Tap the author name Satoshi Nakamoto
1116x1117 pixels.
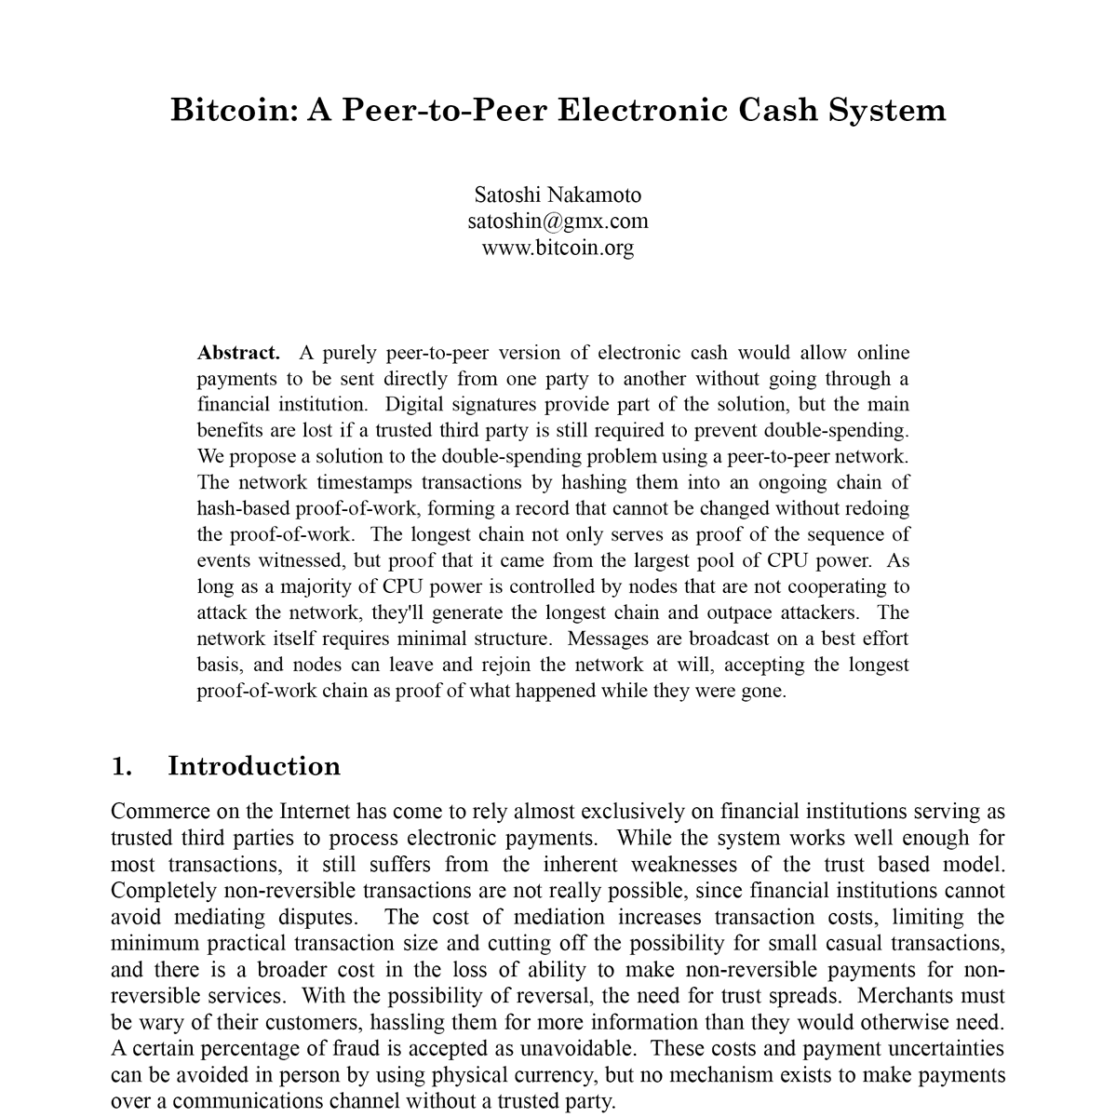558,195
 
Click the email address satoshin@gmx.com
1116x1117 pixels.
558,222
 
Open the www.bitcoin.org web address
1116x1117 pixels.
558,248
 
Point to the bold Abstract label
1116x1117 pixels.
238,353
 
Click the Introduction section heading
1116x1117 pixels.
254,766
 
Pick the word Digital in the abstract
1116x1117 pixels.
415,405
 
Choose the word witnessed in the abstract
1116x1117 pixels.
294,561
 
